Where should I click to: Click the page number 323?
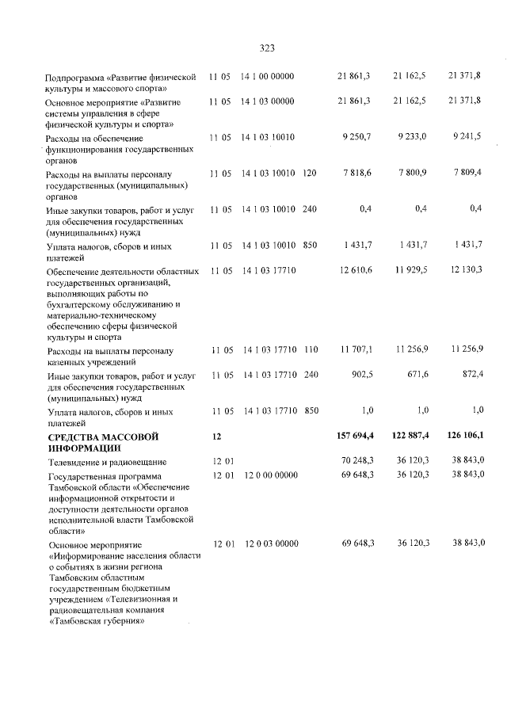(x=266, y=48)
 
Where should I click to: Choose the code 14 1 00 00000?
(x=268, y=76)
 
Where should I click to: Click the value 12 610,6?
(x=355, y=271)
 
